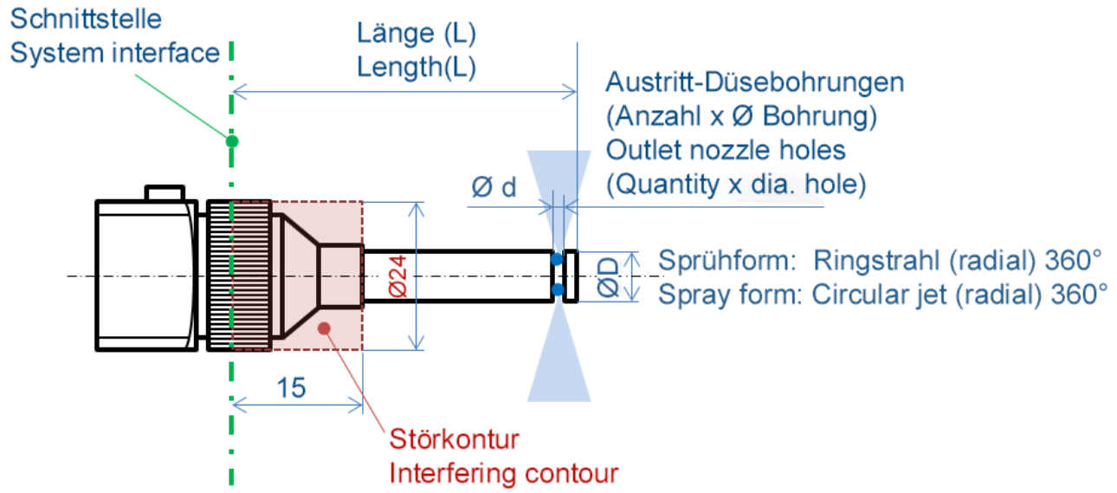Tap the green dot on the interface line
[231, 140]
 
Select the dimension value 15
[293, 387]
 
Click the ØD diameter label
[609, 277]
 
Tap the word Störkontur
[454, 439]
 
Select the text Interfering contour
[504, 473]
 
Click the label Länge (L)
[416, 34]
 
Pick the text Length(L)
[416, 68]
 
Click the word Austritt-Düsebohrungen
[755, 83]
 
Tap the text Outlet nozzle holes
[725, 150]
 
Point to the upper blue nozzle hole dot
[558, 258]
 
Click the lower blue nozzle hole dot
[558, 289]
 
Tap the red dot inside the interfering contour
[324, 327]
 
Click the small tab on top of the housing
[165, 192]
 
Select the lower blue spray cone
[558, 364]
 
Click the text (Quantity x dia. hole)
[736, 184]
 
